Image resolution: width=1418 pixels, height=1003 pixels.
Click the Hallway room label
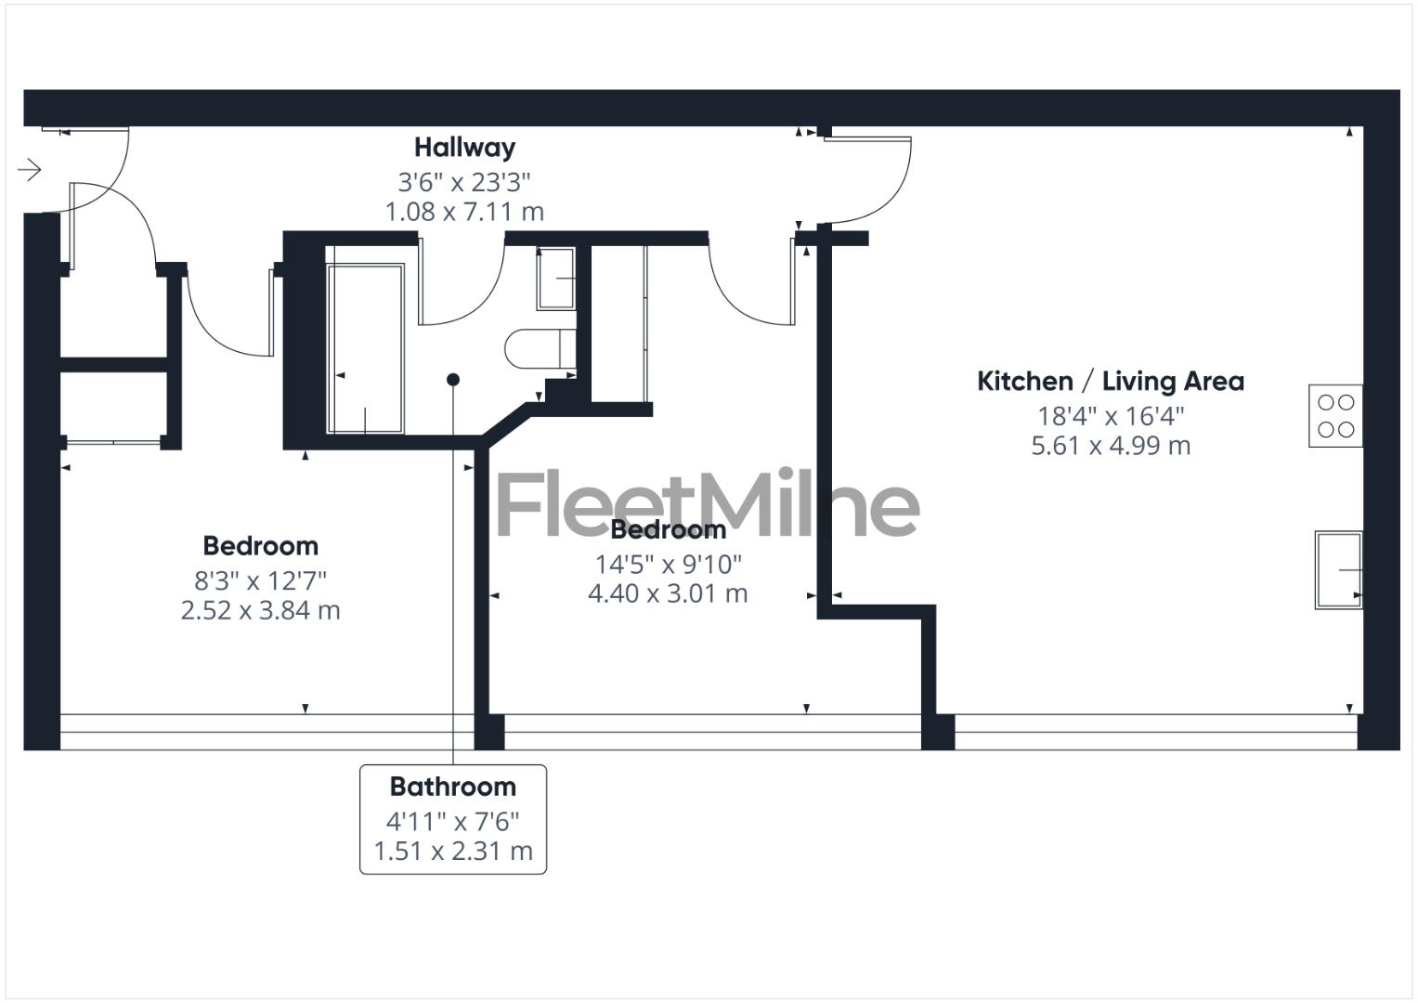[464, 148]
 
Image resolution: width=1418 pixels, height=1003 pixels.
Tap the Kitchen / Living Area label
[1110, 381]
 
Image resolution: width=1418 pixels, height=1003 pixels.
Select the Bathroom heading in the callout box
[452, 787]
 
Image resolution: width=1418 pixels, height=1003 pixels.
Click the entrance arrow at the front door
[30, 170]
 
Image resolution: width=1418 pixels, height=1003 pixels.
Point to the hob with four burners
[1335, 415]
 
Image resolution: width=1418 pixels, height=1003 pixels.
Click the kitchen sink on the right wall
[1338, 569]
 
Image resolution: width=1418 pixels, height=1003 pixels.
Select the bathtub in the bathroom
[365, 349]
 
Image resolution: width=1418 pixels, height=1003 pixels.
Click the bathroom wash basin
[555, 279]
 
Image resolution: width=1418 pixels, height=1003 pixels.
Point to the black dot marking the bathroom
[453, 379]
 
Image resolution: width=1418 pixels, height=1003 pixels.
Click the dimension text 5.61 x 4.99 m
[1110, 446]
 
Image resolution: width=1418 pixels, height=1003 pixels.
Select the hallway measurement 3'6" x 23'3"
[464, 181]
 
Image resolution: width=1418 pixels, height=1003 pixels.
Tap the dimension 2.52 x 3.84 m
[260, 611]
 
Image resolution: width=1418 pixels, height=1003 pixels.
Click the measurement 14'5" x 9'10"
[668, 564]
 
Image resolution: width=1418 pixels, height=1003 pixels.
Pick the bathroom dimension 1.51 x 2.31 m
[452, 851]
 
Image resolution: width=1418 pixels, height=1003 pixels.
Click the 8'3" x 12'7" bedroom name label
[260, 546]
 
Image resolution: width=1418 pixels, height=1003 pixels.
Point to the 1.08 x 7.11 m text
[464, 212]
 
